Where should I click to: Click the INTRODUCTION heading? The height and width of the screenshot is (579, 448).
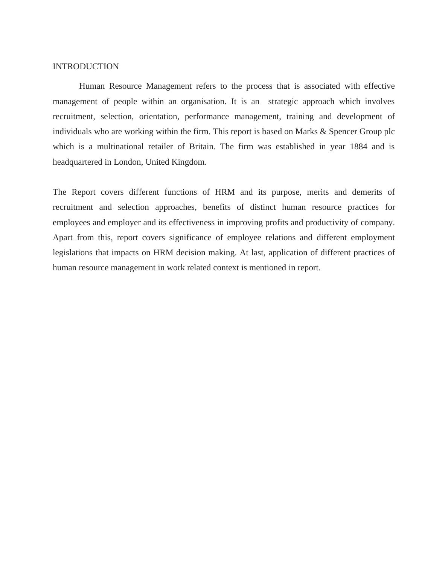85,67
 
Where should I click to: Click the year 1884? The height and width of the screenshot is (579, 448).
358,147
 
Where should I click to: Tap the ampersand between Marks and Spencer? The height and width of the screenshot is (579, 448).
323,132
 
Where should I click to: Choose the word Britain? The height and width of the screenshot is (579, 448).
202,147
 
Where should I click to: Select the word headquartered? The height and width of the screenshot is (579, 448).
78,162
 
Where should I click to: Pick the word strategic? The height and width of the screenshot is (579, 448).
283,102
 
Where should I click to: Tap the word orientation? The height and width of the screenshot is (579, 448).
159,117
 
